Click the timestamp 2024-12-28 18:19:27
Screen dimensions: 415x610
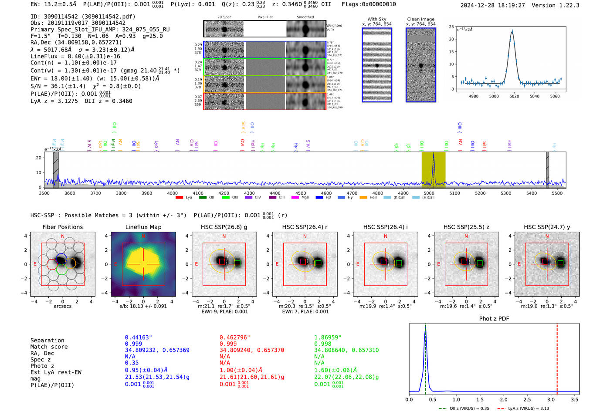coord(492,5)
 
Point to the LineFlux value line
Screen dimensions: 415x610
coord(75,56)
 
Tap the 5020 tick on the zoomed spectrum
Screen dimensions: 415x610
coord(514,96)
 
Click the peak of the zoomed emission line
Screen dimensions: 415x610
coord(512,31)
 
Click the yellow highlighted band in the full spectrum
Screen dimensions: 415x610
coord(433,170)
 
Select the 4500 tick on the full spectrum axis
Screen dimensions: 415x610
coord(301,193)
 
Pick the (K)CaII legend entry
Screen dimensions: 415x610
coord(397,198)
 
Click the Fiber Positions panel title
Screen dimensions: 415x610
coord(62,227)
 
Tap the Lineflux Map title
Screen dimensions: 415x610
coord(143,227)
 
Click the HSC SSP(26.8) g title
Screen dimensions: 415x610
coord(224,227)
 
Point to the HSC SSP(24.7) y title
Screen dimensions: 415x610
coord(547,227)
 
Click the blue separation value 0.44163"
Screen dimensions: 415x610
coord(138,337)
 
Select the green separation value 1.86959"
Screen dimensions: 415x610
coord(328,337)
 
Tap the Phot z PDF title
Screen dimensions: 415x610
coord(494,319)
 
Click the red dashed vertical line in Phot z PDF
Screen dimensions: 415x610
coord(557,357)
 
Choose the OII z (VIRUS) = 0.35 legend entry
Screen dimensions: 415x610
coord(464,408)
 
